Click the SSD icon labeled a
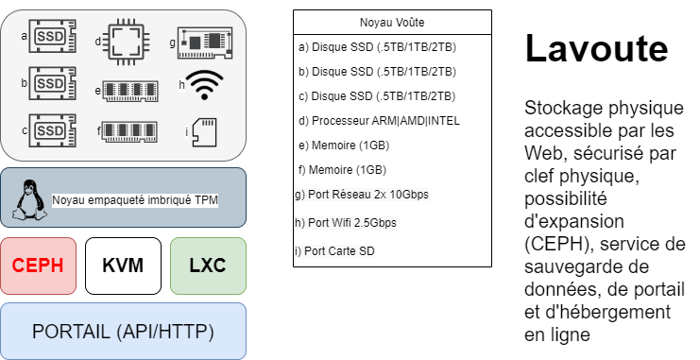[x=52, y=36]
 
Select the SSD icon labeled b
[x=52, y=83]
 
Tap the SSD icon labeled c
[x=52, y=130]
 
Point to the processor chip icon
[x=126, y=42]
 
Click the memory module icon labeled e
[x=130, y=91]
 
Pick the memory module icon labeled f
[x=130, y=131]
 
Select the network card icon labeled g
[x=205, y=43]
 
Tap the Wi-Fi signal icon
[x=204, y=85]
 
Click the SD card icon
[x=204, y=132]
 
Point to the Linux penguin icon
[x=29, y=199]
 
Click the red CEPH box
[x=39, y=266]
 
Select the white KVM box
[x=123, y=266]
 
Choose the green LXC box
[x=208, y=266]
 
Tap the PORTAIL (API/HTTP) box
[x=123, y=332]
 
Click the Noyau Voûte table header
[x=392, y=23]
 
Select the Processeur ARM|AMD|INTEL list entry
[x=379, y=121]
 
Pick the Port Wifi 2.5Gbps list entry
[x=346, y=222]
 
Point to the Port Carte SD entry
[x=334, y=251]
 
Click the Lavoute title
[x=596, y=48]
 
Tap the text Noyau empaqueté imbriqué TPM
[x=135, y=200]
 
